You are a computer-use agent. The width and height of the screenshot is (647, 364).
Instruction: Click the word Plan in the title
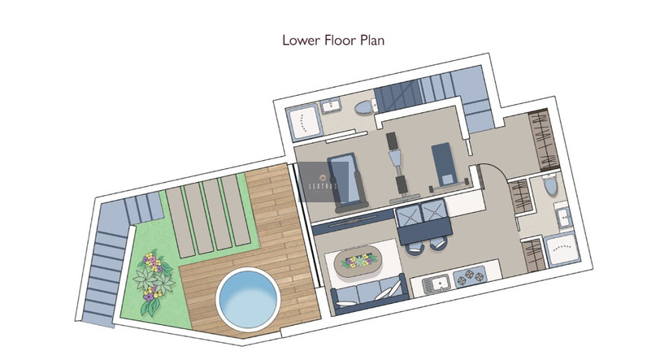coord(372,40)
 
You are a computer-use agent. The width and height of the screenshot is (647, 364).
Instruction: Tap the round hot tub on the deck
coord(248,298)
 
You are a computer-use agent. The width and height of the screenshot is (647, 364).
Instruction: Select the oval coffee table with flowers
coord(358,262)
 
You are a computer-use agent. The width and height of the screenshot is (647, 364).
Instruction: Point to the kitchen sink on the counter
coord(436,284)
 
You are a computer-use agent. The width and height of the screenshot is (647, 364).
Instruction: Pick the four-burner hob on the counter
coord(471,275)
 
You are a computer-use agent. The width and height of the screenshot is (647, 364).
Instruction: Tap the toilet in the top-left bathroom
coord(366,107)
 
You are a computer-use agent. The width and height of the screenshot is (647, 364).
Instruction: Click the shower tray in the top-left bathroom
coord(304,121)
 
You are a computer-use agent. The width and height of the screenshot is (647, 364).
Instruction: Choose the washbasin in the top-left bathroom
coord(331,106)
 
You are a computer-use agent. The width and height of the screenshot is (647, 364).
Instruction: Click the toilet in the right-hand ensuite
coord(549,184)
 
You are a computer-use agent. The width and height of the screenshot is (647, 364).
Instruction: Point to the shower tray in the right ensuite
coord(562,249)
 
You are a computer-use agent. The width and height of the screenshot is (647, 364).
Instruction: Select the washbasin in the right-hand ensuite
coord(563,216)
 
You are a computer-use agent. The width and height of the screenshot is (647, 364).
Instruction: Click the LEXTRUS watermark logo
coord(323,182)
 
